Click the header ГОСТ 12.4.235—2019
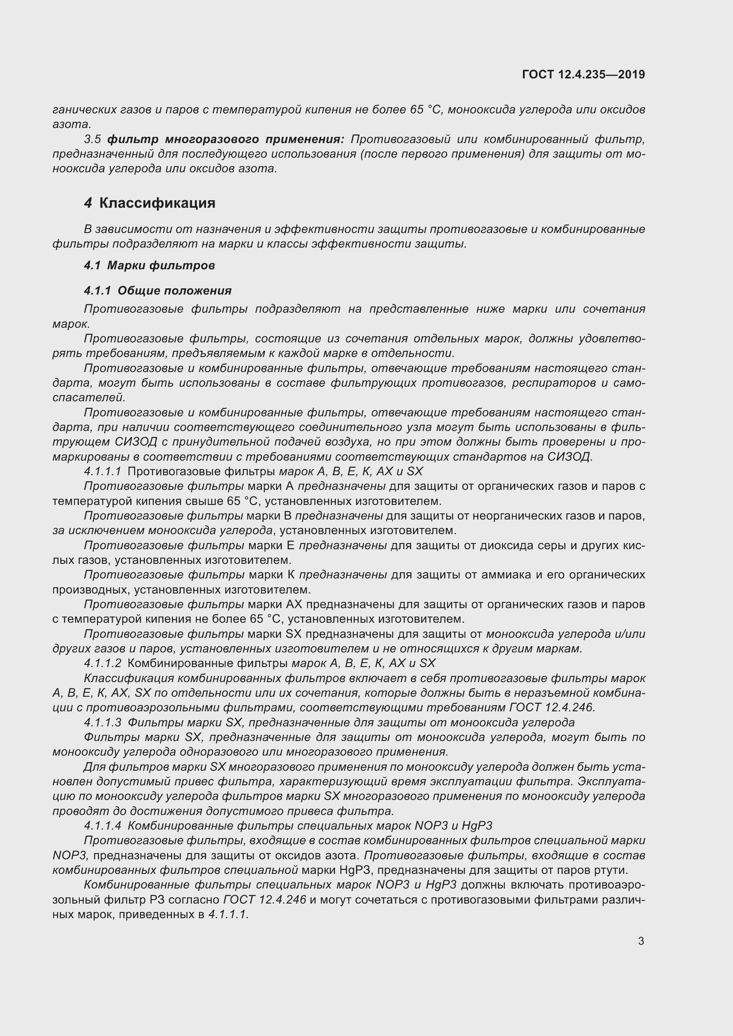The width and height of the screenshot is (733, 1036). [x=583, y=74]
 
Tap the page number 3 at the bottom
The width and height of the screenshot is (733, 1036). [x=641, y=941]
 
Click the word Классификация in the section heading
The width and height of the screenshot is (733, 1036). [x=157, y=203]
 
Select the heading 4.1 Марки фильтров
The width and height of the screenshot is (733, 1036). [x=149, y=265]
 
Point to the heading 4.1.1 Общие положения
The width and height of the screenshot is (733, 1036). [x=157, y=291]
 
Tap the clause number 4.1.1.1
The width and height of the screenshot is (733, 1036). [x=102, y=472]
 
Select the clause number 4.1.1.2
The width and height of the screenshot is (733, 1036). [x=102, y=664]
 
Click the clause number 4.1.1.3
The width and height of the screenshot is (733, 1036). [x=102, y=722]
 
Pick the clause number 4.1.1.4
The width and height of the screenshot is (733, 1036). [x=102, y=826]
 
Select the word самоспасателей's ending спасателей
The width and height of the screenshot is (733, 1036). [x=89, y=397]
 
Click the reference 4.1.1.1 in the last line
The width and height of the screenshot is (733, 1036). [x=228, y=915]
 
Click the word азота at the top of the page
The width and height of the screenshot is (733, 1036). [x=71, y=124]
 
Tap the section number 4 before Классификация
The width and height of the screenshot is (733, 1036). [x=88, y=203]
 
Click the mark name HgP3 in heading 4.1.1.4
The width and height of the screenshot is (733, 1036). [x=475, y=826]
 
